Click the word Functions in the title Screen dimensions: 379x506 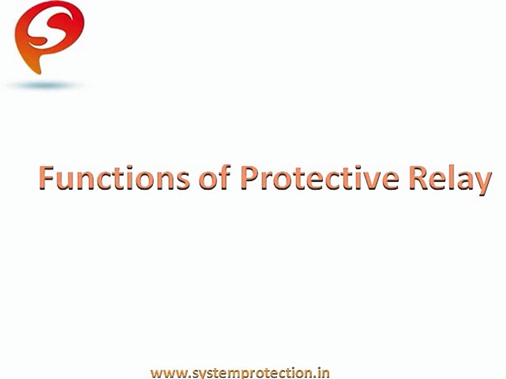coord(113,179)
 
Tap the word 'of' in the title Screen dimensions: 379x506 coord(214,179)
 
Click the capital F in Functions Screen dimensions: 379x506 coord(47,179)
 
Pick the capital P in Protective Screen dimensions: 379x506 coord(250,179)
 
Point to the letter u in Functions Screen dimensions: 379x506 coord(66,181)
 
